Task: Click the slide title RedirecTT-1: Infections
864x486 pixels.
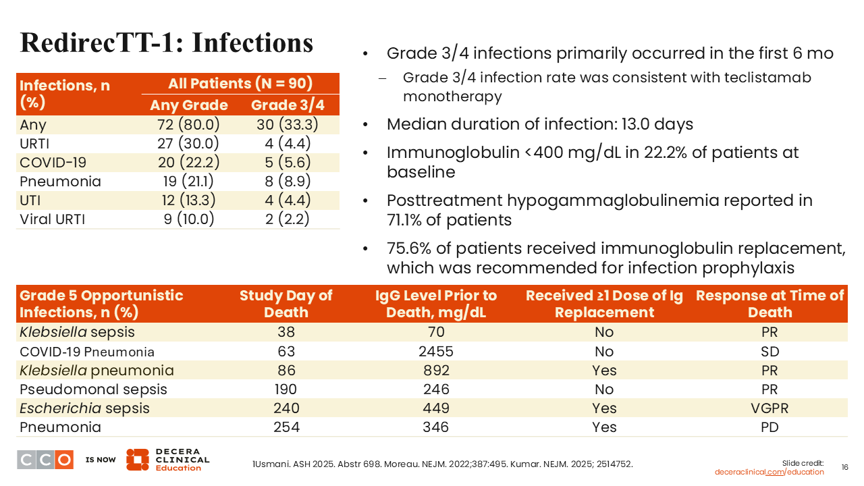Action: coord(167,42)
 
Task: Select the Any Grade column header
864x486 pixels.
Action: coord(189,105)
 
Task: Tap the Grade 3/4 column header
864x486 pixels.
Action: coord(288,105)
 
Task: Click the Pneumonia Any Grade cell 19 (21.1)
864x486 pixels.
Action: coord(189,182)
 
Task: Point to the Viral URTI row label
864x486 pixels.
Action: coord(53,219)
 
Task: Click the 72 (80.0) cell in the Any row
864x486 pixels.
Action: coord(189,125)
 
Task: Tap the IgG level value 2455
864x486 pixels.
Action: coord(436,352)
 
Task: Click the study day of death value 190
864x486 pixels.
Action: coord(286,389)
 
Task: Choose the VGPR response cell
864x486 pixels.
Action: coord(769,408)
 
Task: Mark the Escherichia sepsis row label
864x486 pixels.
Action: coord(84,408)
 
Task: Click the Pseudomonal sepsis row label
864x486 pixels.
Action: coord(93,389)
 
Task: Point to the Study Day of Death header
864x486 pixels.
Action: coord(286,304)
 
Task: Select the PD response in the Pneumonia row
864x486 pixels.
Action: coord(769,427)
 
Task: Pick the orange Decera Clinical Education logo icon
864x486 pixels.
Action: coord(137,460)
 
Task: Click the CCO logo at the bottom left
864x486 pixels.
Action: coord(45,460)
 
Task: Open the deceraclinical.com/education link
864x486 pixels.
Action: coord(769,472)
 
